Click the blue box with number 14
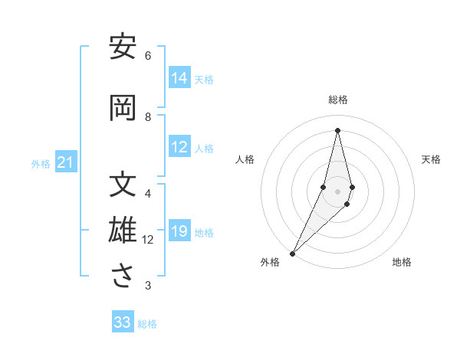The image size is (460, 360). pos(179,78)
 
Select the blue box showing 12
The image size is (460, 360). pos(179,148)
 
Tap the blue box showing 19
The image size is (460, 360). pos(179,232)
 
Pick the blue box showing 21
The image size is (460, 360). pos(65,162)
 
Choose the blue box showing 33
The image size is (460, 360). pos(123,322)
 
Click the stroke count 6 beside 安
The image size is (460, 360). pos(148,56)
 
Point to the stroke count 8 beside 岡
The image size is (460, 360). pos(148,117)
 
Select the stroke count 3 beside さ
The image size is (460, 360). pos(148,286)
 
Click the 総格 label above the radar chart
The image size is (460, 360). pos(338,100)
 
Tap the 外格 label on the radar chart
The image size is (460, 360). pos(270,262)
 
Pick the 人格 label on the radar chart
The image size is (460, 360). pos(245,159)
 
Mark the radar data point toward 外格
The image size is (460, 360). pos(292,253)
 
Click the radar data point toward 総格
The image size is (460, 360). pos(338,130)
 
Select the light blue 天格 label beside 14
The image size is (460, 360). pos(204,79)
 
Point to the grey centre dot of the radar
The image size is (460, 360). pos(338,191)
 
